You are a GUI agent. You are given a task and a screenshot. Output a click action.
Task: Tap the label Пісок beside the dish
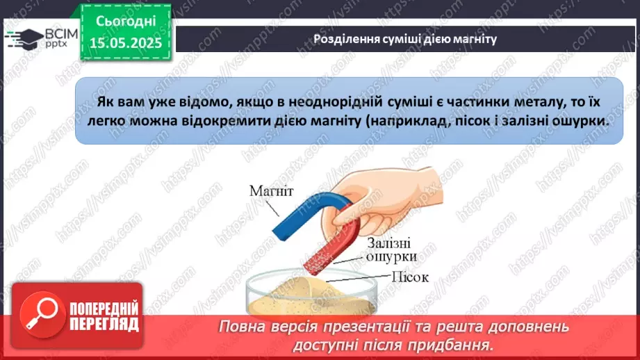coord(410,277)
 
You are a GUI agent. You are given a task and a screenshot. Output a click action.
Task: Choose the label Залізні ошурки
coord(390,249)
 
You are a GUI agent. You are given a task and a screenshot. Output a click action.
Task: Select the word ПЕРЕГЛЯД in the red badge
coord(104,324)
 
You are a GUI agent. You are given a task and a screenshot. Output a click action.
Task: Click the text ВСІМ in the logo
coord(62,33)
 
